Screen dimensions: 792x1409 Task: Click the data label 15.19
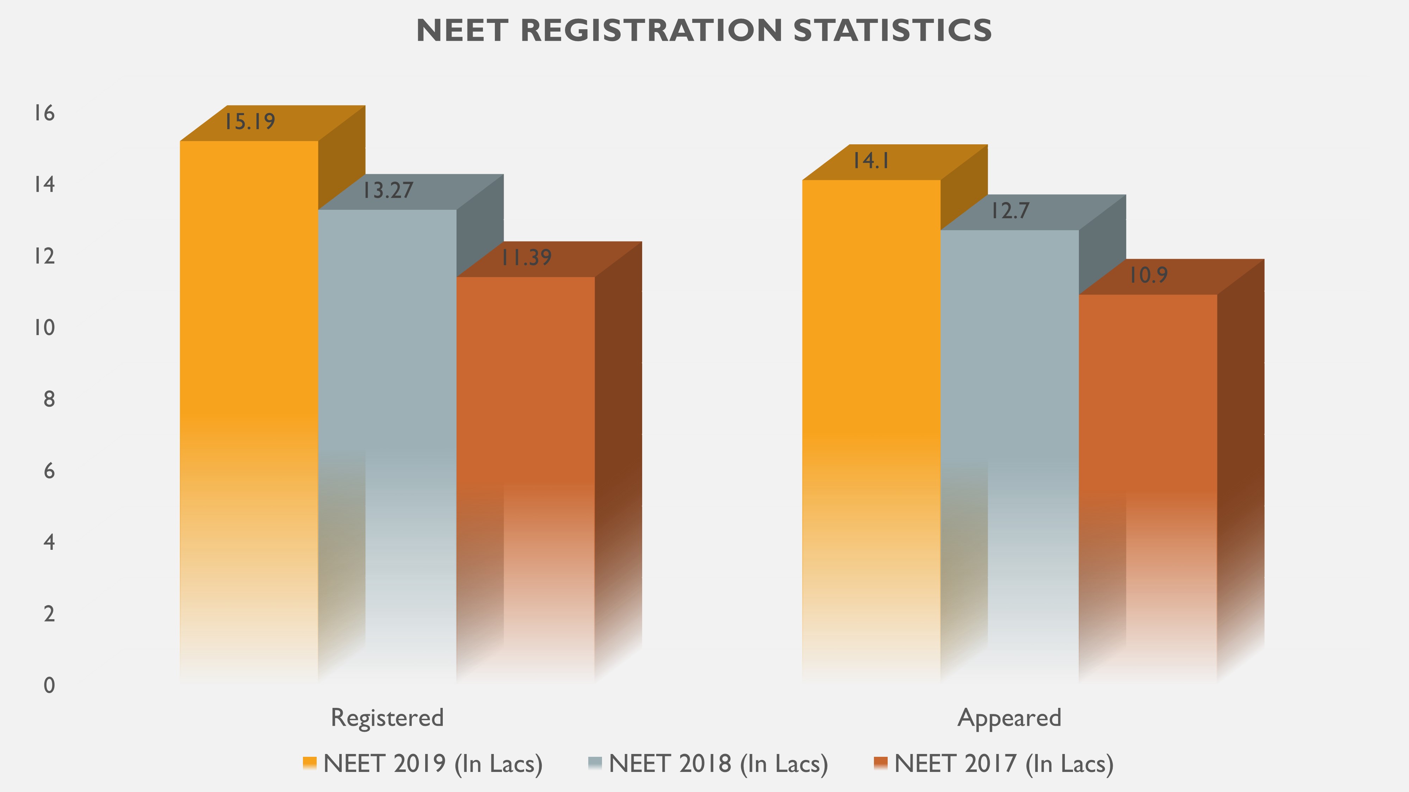pos(249,121)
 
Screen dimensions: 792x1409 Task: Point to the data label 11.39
pos(526,257)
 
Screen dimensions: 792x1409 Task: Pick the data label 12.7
pos(1010,211)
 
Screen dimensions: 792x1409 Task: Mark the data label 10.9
pos(1148,275)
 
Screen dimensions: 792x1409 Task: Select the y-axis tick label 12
pos(44,256)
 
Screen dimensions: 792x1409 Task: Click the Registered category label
pos(387,718)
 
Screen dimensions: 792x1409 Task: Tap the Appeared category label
pos(1009,718)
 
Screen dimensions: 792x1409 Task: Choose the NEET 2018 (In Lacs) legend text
pos(718,763)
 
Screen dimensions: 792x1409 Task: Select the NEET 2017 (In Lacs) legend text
pos(1004,763)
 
